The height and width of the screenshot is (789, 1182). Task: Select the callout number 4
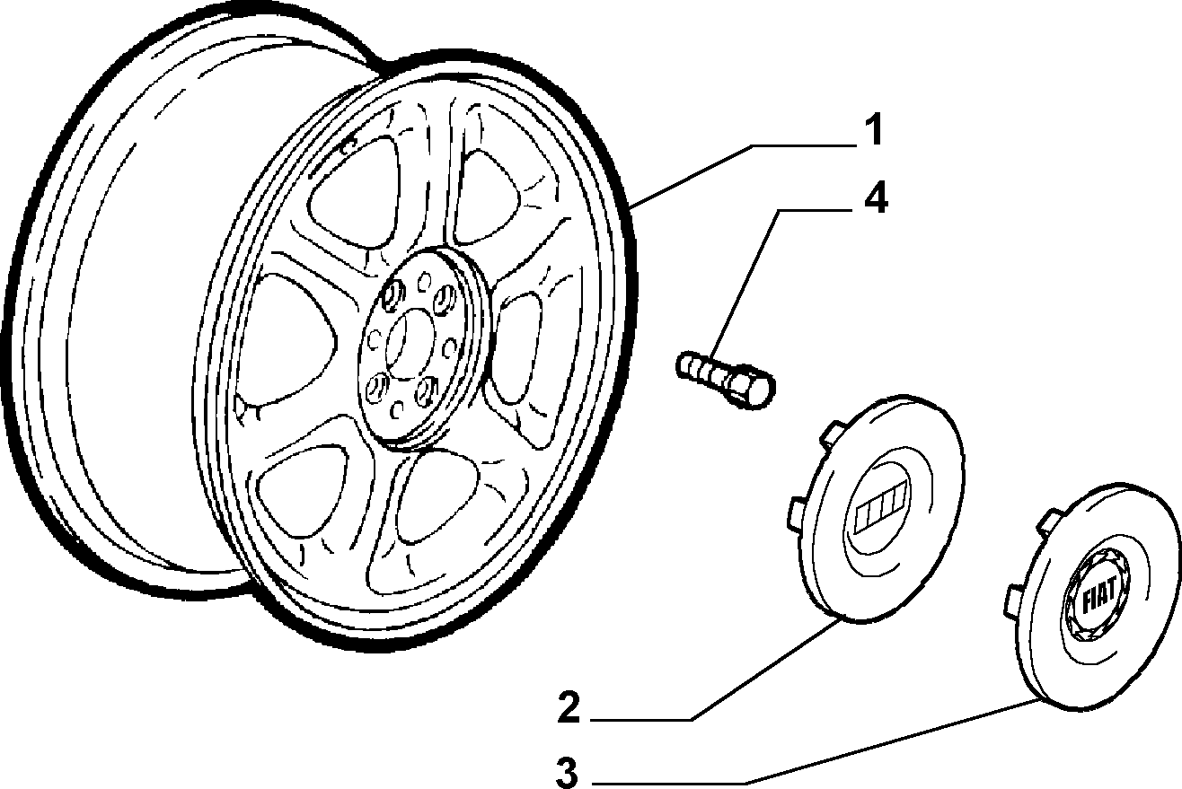[x=876, y=197]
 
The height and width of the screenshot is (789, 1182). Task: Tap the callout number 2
[x=569, y=706]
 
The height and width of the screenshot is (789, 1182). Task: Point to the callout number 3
[x=568, y=772]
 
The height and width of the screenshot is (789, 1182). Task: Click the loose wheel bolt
[x=726, y=379]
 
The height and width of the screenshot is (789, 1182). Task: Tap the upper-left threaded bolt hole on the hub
[x=393, y=296]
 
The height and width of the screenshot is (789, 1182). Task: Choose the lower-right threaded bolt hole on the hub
[x=427, y=390]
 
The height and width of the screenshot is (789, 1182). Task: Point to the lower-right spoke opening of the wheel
[x=436, y=499]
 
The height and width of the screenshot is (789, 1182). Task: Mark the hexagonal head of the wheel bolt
[x=754, y=387]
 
